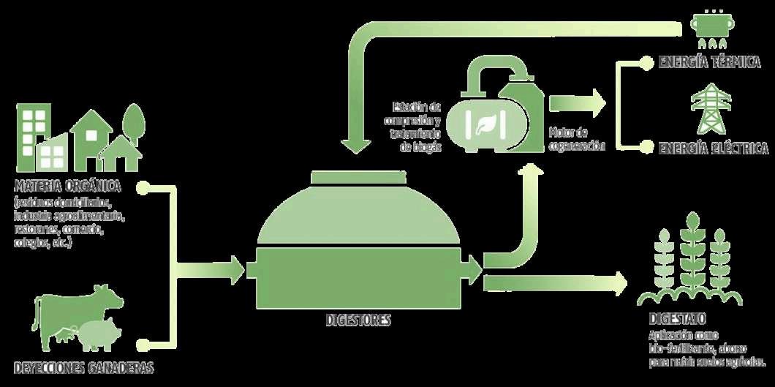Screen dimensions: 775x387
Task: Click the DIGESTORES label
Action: [x=358, y=320]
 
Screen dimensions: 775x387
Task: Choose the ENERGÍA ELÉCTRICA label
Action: [x=713, y=149]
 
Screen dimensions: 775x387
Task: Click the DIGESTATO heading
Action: [x=676, y=320]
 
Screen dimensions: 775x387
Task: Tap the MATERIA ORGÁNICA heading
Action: [x=67, y=186]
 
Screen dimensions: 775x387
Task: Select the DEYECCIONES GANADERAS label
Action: [x=84, y=367]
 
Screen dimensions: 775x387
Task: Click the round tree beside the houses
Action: [x=133, y=122]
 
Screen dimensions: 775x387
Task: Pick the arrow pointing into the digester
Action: [x=234, y=270]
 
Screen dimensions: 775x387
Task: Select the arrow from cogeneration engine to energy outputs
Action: [x=578, y=103]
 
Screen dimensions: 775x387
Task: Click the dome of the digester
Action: [x=358, y=217]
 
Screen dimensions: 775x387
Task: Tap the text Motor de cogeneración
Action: [x=577, y=138]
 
